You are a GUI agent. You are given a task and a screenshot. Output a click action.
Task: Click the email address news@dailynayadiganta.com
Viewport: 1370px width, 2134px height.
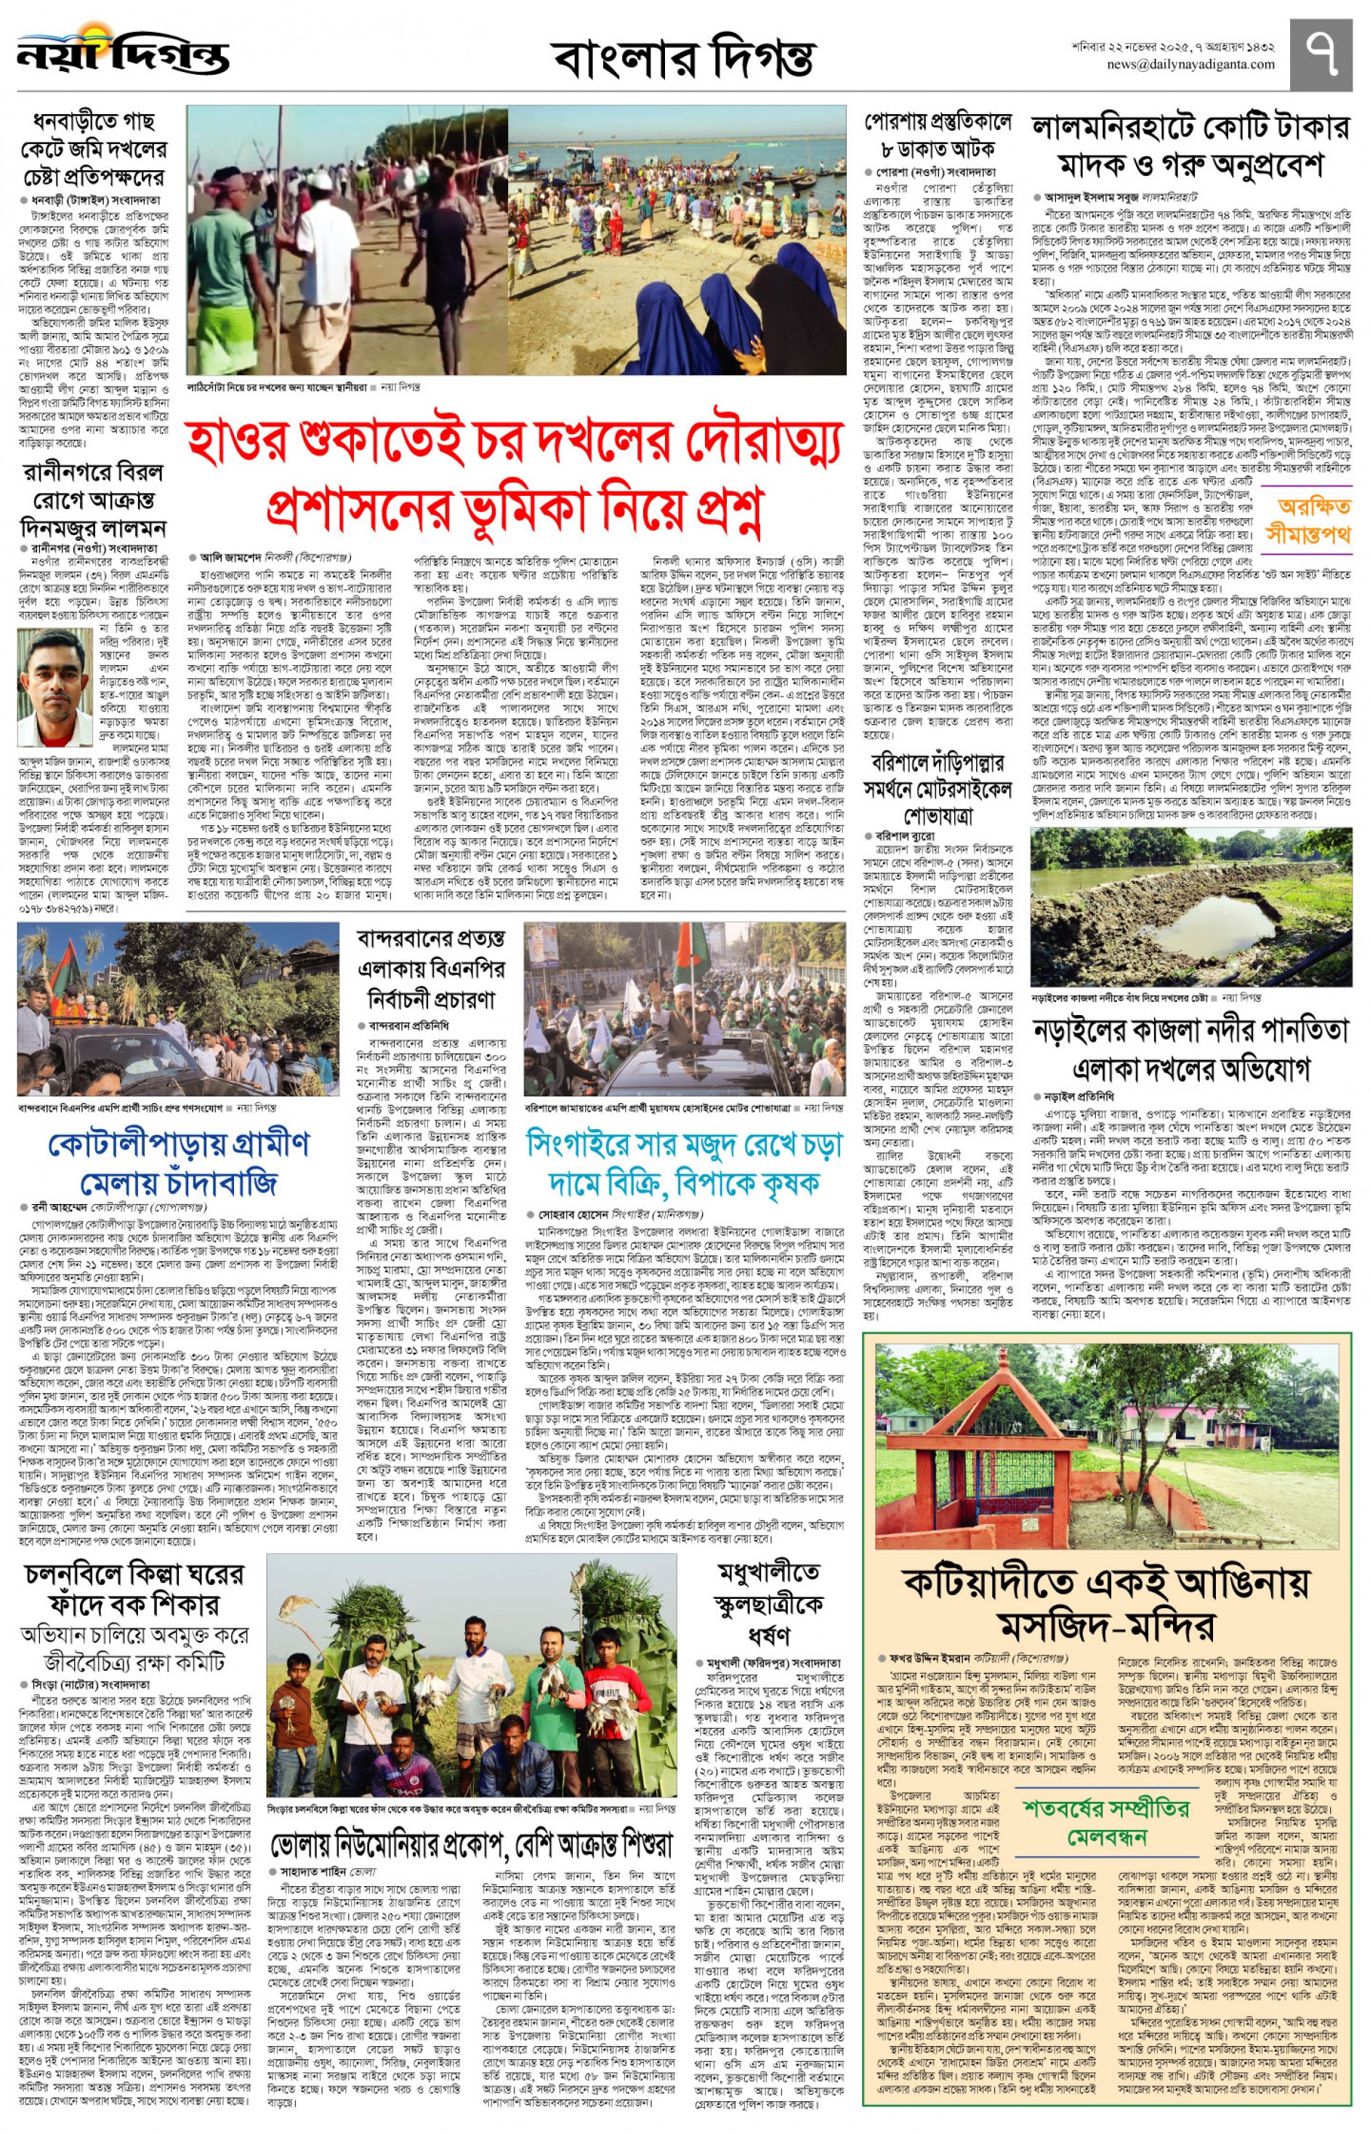click(1190, 65)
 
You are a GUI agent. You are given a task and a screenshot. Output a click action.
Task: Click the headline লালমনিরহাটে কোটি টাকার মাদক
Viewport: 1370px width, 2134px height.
click(1190, 147)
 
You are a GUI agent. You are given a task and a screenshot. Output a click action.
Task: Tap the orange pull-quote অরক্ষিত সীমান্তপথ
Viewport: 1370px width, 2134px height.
click(1314, 521)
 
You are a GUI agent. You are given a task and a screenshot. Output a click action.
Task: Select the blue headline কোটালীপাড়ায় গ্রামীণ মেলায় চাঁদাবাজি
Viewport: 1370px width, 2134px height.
click(178, 1162)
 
